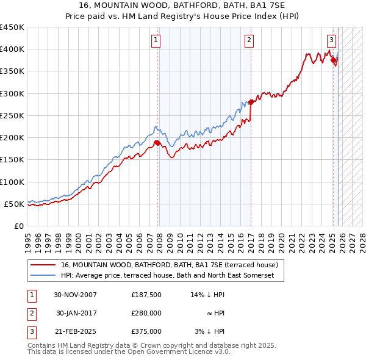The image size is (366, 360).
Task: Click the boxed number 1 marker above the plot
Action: pyautogui.click(x=156, y=41)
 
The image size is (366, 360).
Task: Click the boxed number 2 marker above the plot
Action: pyautogui.click(x=249, y=41)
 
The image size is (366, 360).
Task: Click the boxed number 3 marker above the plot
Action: pyautogui.click(x=331, y=41)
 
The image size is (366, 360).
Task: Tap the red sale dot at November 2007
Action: pyautogui.click(x=157, y=143)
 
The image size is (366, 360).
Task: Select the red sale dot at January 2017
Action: pyautogui.click(x=251, y=102)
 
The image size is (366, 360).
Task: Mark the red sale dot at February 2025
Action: pyautogui.click(x=334, y=60)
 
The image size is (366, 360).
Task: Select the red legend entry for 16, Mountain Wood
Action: pyautogui.click(x=170, y=265)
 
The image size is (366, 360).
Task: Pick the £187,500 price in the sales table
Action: pyautogui.click(x=146, y=295)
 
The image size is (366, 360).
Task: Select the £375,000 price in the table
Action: pyautogui.click(x=146, y=331)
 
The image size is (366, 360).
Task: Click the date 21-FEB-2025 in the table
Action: pyautogui.click(x=76, y=331)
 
